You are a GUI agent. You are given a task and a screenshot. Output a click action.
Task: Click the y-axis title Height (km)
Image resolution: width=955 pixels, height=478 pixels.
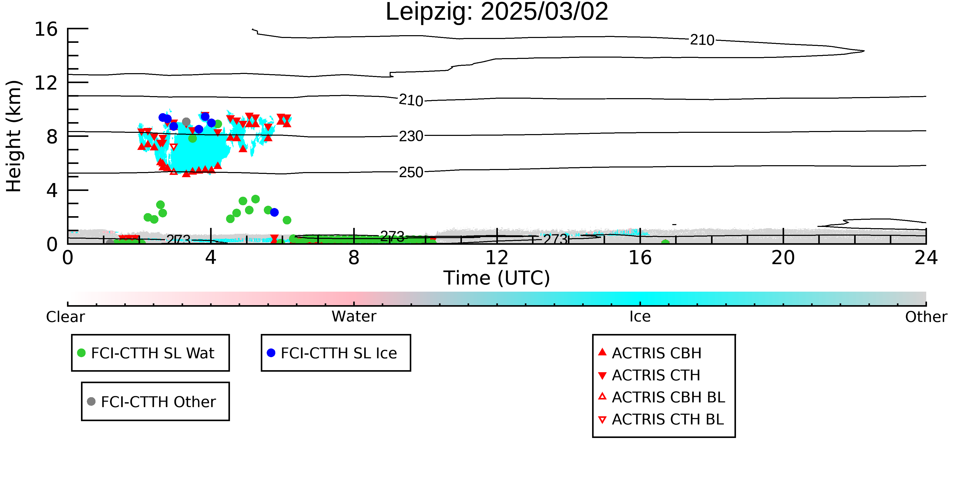pyautogui.click(x=14, y=136)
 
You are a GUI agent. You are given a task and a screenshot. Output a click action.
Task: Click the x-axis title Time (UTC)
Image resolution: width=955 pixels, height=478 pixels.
pyautogui.click(x=497, y=278)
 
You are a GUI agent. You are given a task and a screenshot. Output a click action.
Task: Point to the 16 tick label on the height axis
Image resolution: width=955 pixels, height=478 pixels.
pyautogui.click(x=46, y=29)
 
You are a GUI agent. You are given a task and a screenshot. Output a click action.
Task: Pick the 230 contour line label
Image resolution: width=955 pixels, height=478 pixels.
pyautogui.click(x=411, y=136)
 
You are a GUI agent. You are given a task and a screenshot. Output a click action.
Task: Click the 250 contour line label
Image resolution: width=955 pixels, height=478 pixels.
pyautogui.click(x=411, y=172)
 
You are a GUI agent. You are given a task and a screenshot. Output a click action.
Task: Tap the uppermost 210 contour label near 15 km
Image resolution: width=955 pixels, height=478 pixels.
pyautogui.click(x=702, y=40)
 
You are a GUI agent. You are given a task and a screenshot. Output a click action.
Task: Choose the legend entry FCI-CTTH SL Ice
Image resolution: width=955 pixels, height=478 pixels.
pyautogui.click(x=332, y=353)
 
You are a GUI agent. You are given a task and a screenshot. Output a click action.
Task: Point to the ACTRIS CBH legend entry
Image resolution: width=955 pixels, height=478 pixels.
pyautogui.click(x=650, y=353)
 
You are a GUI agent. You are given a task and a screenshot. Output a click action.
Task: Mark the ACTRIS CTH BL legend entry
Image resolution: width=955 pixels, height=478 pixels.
pyautogui.click(x=661, y=419)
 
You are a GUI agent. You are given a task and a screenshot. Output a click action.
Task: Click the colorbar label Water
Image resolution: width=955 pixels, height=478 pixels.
pyautogui.click(x=354, y=317)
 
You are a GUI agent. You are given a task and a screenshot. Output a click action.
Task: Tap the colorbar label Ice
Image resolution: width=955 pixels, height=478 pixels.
pyautogui.click(x=640, y=317)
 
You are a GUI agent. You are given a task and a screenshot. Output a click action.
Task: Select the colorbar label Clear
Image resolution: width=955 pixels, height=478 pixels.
pyautogui.click(x=65, y=317)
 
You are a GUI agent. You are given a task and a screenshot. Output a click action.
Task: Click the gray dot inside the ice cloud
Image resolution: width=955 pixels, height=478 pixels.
pyautogui.click(x=186, y=122)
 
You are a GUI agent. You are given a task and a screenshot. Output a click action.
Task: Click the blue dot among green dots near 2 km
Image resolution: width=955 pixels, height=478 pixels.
pyautogui.click(x=274, y=212)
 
